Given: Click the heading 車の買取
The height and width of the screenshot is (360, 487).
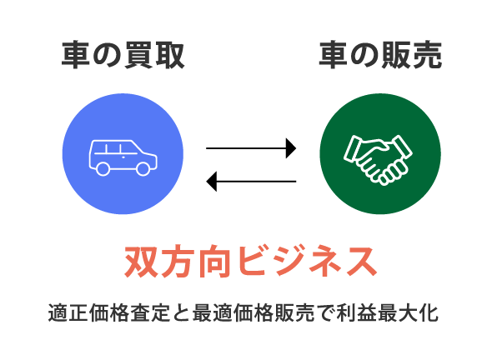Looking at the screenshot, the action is pyautogui.click(x=123, y=55).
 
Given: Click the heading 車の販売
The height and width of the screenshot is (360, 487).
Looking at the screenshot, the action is pyautogui.click(x=380, y=55).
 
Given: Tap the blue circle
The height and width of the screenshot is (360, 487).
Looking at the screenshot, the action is pyautogui.click(x=123, y=153).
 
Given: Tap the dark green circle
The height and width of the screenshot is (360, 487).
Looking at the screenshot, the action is pyautogui.click(x=380, y=153).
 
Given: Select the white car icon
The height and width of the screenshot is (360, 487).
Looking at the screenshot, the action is pyautogui.click(x=123, y=158).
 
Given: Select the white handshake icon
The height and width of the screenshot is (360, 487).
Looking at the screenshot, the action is pyautogui.click(x=378, y=160).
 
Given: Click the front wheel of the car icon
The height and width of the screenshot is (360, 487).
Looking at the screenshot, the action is pyautogui.click(x=143, y=168).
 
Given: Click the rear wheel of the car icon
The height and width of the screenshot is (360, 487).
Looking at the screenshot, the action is pyautogui.click(x=103, y=168).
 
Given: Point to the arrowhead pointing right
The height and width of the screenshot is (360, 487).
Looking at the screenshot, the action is pyautogui.click(x=291, y=148).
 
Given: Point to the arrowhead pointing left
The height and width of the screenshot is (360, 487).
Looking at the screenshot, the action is pyautogui.click(x=212, y=181).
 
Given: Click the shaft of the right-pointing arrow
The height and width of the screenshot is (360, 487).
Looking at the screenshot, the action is pyautogui.click(x=246, y=148).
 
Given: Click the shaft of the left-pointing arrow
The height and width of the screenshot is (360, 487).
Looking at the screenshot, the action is pyautogui.click(x=256, y=181).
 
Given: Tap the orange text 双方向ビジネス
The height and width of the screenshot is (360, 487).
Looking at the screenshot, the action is pyautogui.click(x=251, y=262).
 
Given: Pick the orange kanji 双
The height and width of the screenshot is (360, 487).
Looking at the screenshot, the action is pyautogui.click(x=142, y=262).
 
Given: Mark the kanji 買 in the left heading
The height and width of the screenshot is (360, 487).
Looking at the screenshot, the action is pyautogui.click(x=138, y=55).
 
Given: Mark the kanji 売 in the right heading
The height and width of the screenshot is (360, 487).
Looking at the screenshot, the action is pyautogui.click(x=427, y=55).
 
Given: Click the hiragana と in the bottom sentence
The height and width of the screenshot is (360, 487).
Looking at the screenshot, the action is pyautogui.click(x=182, y=312).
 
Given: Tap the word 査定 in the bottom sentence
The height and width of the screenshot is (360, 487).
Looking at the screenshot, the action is pyautogui.click(x=150, y=312).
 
